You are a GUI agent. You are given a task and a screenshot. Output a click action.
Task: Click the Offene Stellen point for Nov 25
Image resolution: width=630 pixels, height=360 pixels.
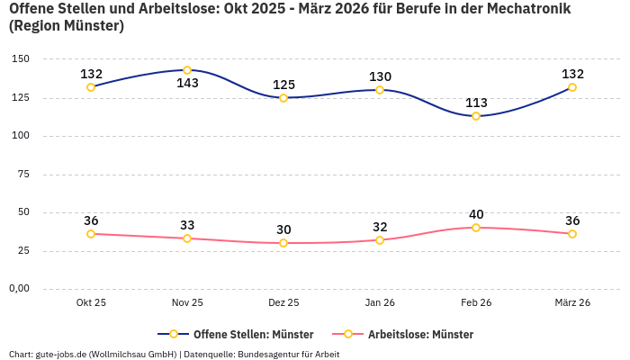coord(187,70)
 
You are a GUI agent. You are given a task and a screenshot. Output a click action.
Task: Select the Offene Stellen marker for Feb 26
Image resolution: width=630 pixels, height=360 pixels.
coord(476,116)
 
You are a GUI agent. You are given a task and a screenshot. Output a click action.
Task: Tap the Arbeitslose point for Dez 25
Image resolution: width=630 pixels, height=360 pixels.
coord(283,243)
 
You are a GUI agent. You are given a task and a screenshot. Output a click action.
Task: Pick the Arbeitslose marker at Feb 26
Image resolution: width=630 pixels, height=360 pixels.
coord(476,228)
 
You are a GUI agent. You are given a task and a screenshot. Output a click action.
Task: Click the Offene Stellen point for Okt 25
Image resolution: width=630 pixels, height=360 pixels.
coord(91,87)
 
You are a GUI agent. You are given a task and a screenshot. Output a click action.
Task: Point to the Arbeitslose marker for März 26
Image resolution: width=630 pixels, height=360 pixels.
coord(572,234)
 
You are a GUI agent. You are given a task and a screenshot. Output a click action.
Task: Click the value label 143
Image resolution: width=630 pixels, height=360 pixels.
coord(187,84)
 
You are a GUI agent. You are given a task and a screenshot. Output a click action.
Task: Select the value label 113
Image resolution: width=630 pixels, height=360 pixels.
coord(476,103)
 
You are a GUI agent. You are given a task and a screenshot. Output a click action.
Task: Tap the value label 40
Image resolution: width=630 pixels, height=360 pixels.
coord(476,214)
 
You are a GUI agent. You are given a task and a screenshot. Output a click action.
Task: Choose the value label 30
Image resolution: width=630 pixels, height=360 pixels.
coord(283,229)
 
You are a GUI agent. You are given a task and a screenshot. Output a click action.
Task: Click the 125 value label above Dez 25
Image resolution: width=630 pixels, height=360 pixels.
coord(283,85)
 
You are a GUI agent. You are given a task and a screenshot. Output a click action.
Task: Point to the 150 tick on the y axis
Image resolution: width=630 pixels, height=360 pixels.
coord(21,59)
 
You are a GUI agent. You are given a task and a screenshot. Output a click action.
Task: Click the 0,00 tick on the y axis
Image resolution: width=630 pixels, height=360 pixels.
coord(18,289)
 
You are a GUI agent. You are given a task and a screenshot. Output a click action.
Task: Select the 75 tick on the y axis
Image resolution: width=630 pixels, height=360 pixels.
coord(23,175)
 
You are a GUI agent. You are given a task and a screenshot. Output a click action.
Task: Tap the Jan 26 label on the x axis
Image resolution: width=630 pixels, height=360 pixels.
coord(380,303)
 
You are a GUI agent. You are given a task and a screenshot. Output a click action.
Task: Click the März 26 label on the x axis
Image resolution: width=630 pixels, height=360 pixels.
coord(572,303)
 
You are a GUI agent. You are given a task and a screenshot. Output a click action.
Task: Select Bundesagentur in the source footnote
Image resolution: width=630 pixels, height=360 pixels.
coord(270,355)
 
